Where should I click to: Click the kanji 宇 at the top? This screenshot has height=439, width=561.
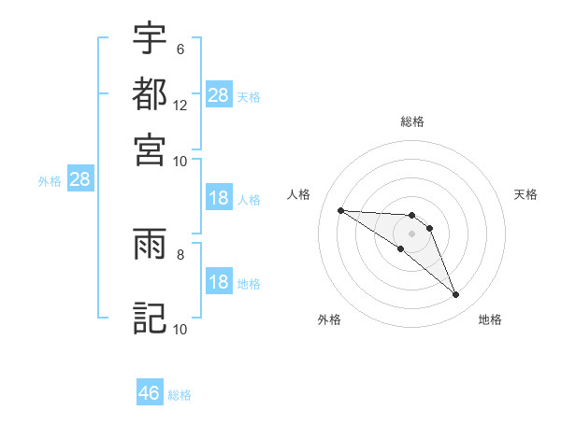[x=151, y=38]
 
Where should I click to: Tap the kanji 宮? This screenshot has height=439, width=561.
[x=151, y=149]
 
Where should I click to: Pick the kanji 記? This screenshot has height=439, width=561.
[x=151, y=317]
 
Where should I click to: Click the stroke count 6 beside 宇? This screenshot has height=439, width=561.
[x=180, y=49]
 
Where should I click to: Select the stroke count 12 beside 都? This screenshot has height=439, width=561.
[x=180, y=105]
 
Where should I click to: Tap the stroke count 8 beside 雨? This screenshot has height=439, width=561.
[x=180, y=253]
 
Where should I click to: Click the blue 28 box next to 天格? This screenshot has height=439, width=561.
[x=218, y=94]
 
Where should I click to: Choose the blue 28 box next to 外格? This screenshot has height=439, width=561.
[x=79, y=180]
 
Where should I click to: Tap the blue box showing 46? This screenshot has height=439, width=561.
[x=150, y=393]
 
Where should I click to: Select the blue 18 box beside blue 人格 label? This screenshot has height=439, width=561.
[x=218, y=198]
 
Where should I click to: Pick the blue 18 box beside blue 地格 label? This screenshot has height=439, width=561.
[x=218, y=283]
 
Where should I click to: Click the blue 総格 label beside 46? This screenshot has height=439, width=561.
[x=180, y=394]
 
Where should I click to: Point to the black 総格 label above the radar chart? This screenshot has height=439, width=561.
[x=412, y=121]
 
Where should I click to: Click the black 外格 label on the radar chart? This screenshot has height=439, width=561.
[x=328, y=319]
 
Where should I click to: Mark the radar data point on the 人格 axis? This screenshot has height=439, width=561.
[x=340, y=210]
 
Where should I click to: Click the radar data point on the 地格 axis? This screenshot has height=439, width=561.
[x=455, y=295]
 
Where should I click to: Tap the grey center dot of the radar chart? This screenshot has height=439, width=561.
[x=411, y=234]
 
